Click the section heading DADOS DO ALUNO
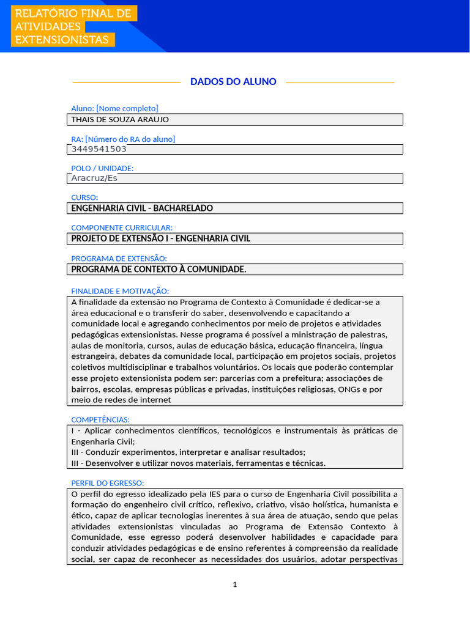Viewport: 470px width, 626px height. (x=233, y=82)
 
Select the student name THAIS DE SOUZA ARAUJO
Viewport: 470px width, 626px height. (x=120, y=120)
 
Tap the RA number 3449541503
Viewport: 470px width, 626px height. (x=99, y=149)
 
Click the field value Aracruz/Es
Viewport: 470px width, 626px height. (x=94, y=179)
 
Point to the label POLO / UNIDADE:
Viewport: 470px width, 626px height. (x=102, y=168)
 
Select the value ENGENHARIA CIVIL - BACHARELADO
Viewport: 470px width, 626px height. (x=142, y=208)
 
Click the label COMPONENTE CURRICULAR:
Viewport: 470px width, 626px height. (x=122, y=227)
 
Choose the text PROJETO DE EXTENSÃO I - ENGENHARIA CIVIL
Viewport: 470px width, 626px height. (x=160, y=238)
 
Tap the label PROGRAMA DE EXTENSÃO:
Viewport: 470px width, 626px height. (x=119, y=259)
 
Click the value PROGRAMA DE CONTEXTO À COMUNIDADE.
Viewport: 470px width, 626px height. (x=159, y=270)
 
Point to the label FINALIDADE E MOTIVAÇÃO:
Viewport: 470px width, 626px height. (x=120, y=291)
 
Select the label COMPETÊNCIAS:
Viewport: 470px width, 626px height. (x=100, y=419)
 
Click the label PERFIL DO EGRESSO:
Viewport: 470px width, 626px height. (x=107, y=483)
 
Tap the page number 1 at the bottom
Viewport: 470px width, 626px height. (x=235, y=584)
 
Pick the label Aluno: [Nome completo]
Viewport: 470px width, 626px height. (x=114, y=109)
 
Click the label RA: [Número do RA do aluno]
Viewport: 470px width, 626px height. (x=123, y=139)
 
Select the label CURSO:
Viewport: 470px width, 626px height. (x=84, y=197)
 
